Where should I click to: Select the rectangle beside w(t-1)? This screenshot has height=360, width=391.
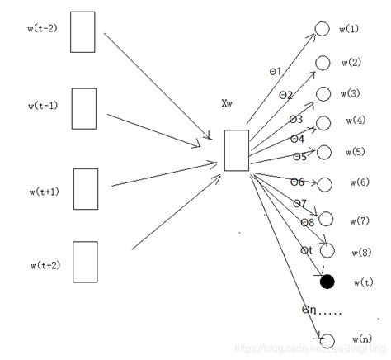tap(84, 108)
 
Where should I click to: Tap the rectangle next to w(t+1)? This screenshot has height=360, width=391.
tap(86, 187)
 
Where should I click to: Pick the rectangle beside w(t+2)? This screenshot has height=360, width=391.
tap(84, 261)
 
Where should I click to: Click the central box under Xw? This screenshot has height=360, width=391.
tap(236, 149)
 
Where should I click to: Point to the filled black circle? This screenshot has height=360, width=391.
tap(327, 282)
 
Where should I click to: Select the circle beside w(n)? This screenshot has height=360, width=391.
tap(327, 340)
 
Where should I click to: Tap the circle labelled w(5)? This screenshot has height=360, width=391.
tap(324, 152)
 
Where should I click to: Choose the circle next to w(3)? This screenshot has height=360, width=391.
tap(323, 93)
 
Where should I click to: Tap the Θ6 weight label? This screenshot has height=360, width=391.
tap(297, 182)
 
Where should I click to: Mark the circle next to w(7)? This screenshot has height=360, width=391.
tap(326, 219)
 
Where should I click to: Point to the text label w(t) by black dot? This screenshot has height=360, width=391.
tap(362, 282)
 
